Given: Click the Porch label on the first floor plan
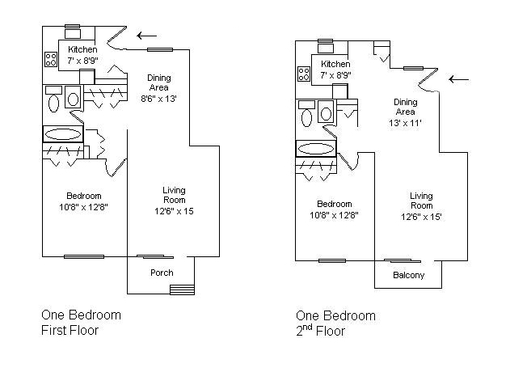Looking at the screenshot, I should [162, 273].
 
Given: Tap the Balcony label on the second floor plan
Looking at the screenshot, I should [409, 275].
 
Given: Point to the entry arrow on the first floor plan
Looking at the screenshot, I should [147, 35].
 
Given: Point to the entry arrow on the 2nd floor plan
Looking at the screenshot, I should [459, 79].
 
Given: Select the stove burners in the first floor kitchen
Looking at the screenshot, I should [50, 59].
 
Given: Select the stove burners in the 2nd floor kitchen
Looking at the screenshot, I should [305, 74].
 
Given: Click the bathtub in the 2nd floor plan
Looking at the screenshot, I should [316, 149].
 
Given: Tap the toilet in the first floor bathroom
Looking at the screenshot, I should [54, 102].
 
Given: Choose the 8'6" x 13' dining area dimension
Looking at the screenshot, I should [158, 98].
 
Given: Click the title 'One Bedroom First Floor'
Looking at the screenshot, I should [81, 323].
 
